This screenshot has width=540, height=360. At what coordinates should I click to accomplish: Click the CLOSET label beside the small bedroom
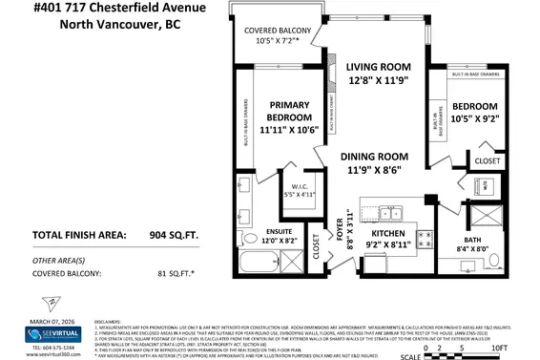click(487, 161)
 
